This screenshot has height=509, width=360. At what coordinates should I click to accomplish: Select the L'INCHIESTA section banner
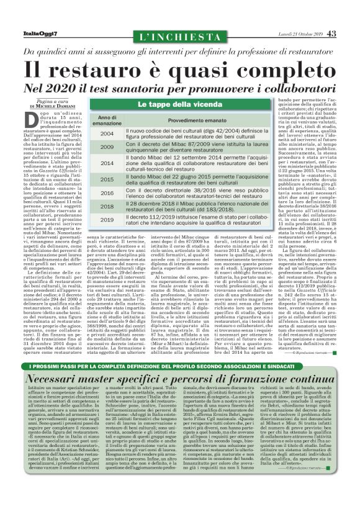pos(179,37)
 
